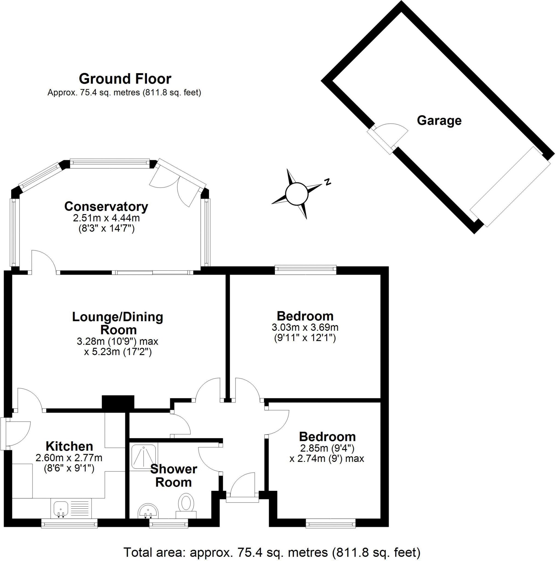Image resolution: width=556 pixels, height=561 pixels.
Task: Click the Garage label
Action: tap(439, 121)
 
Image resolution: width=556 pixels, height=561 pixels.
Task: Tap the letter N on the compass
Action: tap(328, 182)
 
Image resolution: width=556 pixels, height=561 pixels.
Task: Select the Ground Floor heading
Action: tap(125, 79)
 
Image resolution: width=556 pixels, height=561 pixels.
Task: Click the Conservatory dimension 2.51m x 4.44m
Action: tap(106, 218)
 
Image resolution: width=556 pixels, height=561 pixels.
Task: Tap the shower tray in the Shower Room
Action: tap(144, 456)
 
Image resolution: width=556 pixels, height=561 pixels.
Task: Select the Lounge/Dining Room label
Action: tap(118, 323)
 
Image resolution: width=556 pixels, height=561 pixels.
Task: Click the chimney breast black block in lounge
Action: tap(118, 403)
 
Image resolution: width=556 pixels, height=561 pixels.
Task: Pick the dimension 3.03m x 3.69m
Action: tap(305, 328)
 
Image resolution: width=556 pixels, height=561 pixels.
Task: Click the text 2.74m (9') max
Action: tap(327, 459)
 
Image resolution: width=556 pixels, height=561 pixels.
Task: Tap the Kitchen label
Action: tap(69, 446)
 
